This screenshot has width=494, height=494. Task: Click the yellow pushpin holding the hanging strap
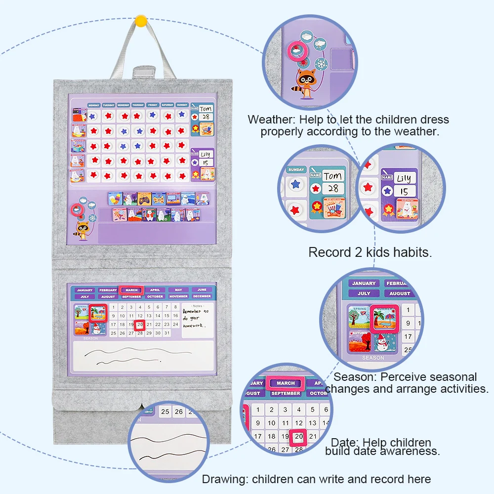(141, 21)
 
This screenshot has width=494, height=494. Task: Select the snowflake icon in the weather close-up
(322, 65)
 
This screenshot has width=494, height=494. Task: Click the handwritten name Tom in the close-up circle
(332, 175)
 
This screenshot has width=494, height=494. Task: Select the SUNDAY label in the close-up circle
(296, 169)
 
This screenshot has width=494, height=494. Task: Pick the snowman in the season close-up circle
(383, 341)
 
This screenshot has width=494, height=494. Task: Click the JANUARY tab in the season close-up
(364, 283)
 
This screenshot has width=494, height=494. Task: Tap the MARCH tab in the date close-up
(286, 383)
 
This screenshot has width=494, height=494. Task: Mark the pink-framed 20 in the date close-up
(299, 437)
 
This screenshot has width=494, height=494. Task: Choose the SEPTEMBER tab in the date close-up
(286, 393)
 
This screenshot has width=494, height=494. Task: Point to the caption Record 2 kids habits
(370, 252)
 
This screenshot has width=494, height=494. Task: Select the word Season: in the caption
(356, 377)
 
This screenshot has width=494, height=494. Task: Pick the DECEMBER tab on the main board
(202, 296)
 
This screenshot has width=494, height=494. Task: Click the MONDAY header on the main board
(94, 105)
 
